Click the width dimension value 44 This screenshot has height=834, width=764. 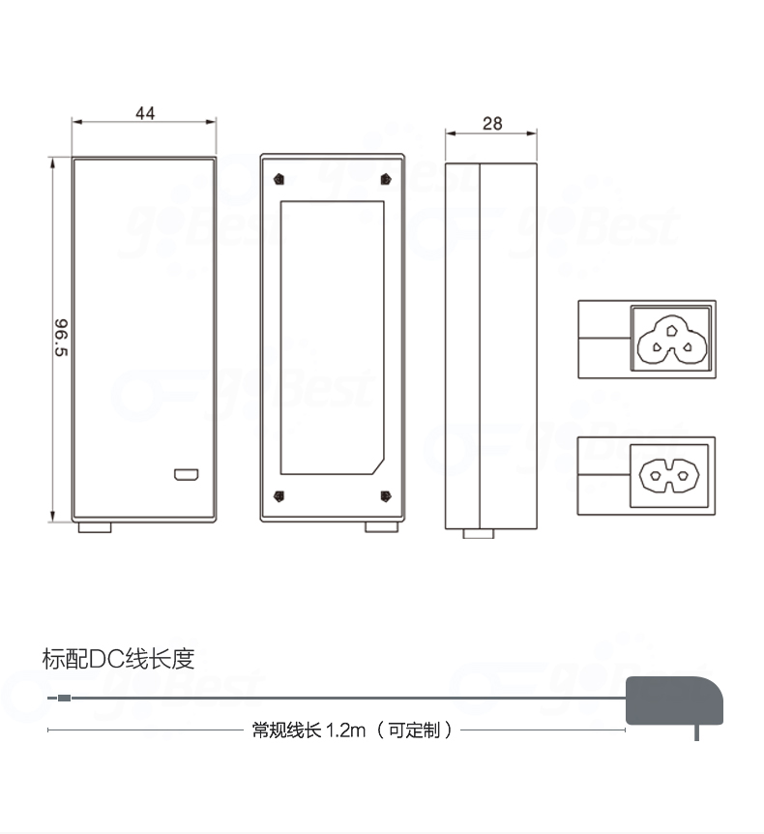coord(145,113)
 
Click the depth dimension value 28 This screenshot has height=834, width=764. coord(491,123)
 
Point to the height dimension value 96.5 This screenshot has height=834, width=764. coord(61,338)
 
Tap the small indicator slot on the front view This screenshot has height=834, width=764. coord(186,475)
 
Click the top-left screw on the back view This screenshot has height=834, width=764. coord(279,179)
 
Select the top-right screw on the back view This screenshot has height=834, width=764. coord(386,179)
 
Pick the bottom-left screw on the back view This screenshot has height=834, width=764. coord(279,496)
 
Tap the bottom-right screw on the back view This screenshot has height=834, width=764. coord(386,496)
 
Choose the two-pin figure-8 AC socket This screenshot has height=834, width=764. coord(669,474)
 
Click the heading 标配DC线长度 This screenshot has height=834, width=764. coord(119,660)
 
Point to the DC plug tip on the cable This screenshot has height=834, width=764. coord(60,698)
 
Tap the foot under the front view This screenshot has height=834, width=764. coord(94,527)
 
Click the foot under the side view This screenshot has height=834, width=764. coord(479,533)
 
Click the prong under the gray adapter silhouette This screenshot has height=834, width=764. coord(696,732)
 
